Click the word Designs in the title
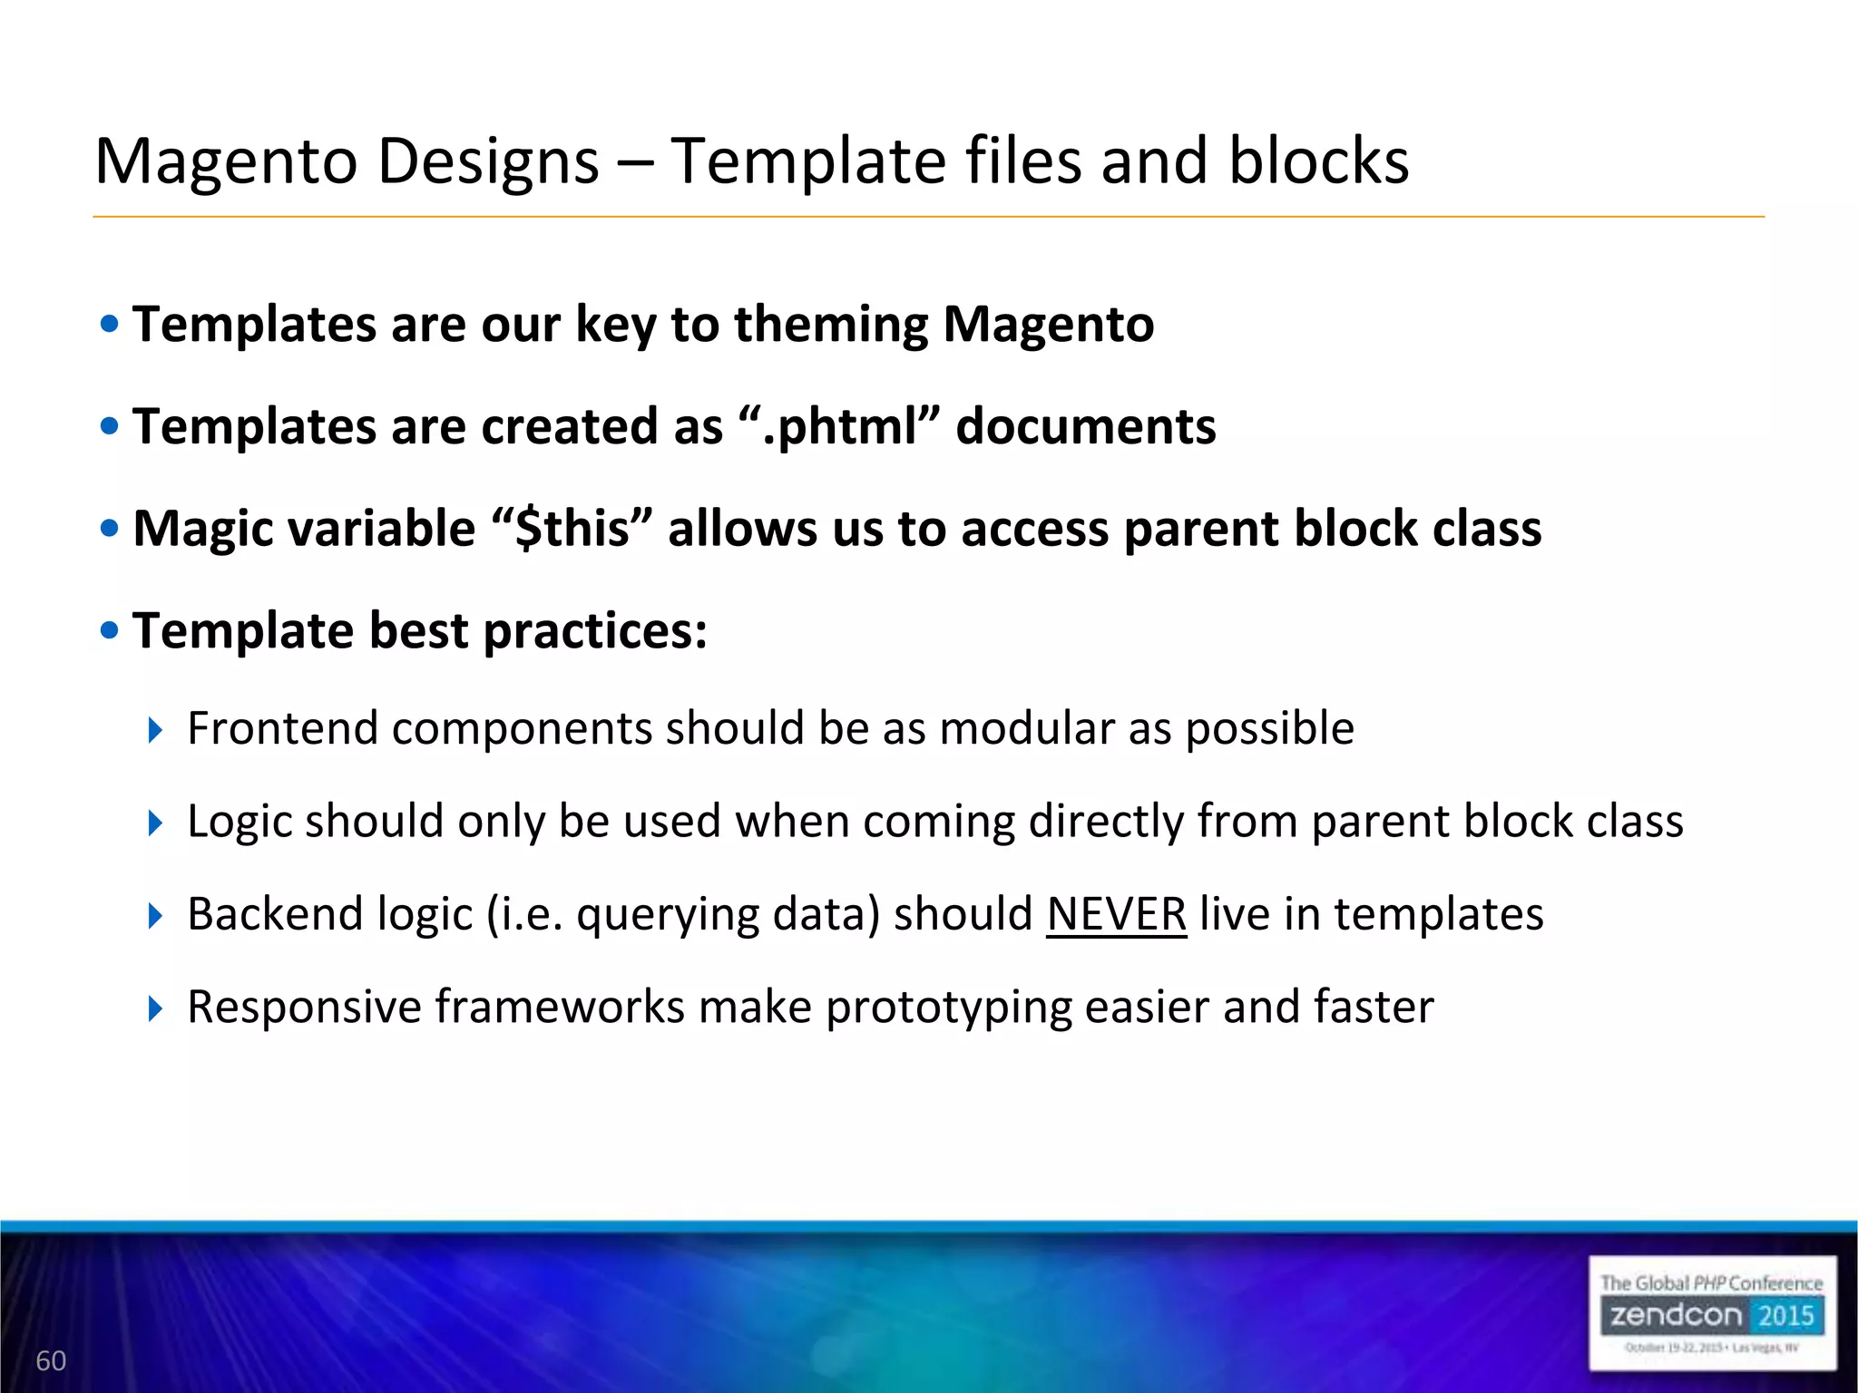click(488, 161)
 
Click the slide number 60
click(51, 1360)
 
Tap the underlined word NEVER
click(1116, 914)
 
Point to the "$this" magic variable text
click(572, 529)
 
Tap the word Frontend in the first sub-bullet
click(282, 728)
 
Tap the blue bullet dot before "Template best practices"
click(110, 630)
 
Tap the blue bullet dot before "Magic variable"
click(110, 529)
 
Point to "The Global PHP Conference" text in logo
click(1711, 1283)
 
